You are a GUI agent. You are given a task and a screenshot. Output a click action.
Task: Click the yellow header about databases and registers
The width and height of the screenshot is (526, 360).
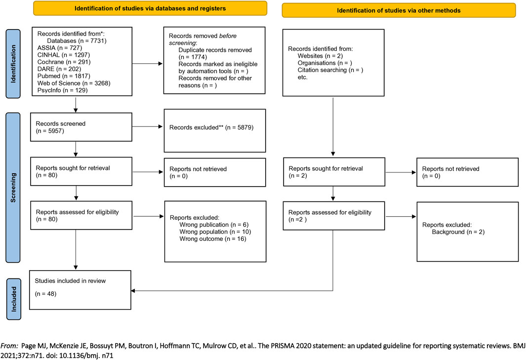[x=150, y=8]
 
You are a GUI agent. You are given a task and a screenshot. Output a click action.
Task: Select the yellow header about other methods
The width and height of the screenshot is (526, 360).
[x=399, y=10]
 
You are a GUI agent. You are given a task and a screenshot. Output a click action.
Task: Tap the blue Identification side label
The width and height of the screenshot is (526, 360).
[x=13, y=64]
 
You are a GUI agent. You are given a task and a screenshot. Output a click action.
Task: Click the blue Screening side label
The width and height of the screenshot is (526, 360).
[x=13, y=188]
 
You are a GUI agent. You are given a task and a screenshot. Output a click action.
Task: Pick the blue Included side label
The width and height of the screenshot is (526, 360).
[x=14, y=299]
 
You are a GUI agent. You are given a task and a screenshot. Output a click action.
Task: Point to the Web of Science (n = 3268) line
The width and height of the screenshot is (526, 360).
[x=74, y=83]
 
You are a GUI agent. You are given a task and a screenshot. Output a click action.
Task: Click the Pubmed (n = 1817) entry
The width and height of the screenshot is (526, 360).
[x=64, y=76]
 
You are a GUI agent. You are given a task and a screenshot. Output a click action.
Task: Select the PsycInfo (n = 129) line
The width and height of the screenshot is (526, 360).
[x=62, y=90]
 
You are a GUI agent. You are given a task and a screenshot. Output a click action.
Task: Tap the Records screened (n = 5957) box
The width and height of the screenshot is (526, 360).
[x=81, y=127]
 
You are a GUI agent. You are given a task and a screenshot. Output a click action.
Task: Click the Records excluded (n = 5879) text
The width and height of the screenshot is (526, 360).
[x=211, y=127]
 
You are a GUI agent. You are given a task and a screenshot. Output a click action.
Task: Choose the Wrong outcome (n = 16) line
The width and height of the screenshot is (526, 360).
[x=213, y=239]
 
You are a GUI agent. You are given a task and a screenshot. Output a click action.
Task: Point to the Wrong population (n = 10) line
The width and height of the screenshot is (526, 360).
[x=215, y=232]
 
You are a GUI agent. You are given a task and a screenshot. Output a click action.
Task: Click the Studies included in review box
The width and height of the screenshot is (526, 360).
[x=80, y=290]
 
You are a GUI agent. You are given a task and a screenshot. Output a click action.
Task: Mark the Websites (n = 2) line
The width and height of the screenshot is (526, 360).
[x=320, y=56]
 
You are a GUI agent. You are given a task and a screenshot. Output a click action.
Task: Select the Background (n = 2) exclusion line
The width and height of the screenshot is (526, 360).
[x=458, y=232]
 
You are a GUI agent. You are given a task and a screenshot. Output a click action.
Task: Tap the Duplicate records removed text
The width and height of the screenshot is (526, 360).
[x=215, y=50]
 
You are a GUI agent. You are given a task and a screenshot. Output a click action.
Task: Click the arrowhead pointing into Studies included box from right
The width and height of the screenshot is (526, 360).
[x=133, y=290]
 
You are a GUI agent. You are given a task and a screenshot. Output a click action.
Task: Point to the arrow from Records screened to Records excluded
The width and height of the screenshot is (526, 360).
[x=147, y=126]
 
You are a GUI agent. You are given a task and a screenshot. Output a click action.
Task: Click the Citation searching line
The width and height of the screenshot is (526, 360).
[x=330, y=70]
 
